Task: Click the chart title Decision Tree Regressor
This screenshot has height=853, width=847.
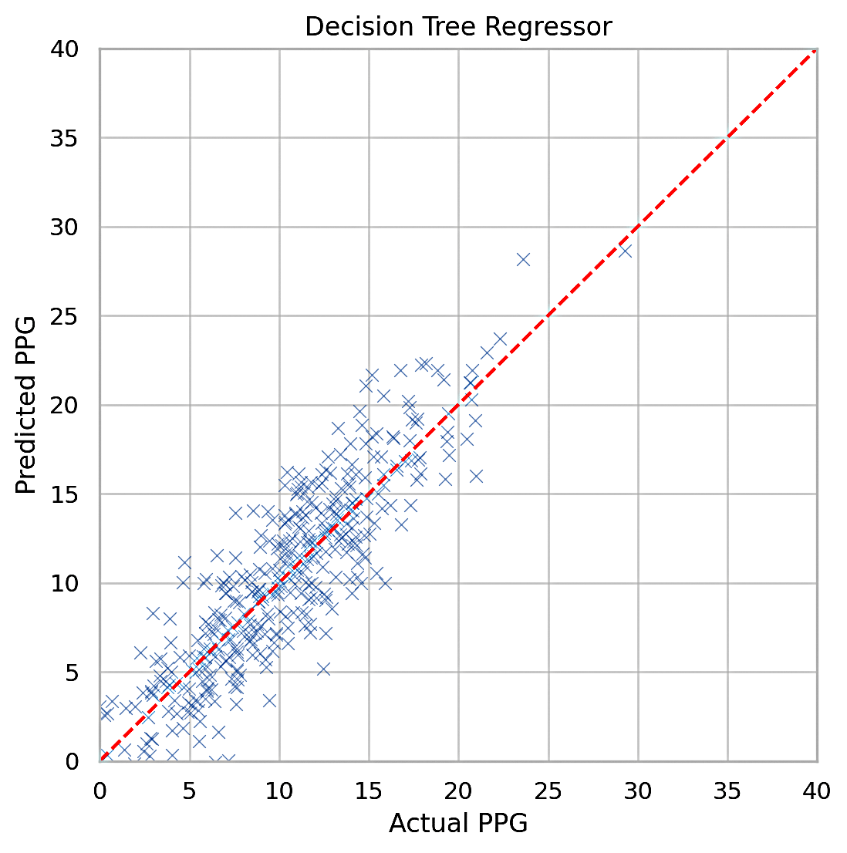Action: pos(458,27)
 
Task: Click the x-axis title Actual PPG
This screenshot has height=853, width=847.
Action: pos(458,824)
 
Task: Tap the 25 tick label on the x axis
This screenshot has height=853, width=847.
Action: pos(548,791)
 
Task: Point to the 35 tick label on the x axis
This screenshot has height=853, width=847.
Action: pos(727,791)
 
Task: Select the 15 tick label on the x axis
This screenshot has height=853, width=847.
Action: pos(369,791)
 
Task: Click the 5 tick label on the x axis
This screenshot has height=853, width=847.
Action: pos(190,791)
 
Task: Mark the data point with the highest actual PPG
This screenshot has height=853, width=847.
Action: pos(625,251)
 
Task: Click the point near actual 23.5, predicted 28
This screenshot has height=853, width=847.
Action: pos(523,259)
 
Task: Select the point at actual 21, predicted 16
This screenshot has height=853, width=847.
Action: pos(476,476)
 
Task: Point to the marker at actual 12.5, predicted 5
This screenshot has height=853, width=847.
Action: pos(323,669)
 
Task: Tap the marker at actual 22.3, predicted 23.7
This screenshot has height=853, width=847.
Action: pos(500,339)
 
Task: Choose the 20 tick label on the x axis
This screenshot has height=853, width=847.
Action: pos(458,791)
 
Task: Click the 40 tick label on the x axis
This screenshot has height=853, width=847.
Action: pos(817,791)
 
